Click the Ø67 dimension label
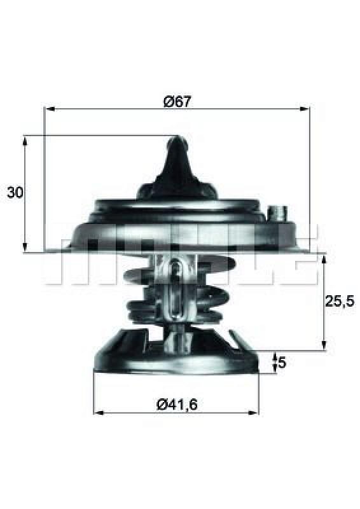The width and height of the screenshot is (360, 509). click(177, 101)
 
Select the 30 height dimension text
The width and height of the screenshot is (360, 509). click(15, 192)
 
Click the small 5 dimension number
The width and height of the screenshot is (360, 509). click(282, 364)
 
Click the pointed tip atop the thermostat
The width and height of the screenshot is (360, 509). click(177, 138)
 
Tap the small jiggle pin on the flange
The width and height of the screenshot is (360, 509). click(278, 212)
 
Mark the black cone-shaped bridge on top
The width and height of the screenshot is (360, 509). click(177, 172)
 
